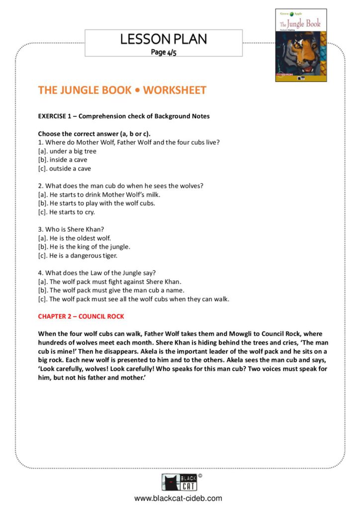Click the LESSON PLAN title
163,39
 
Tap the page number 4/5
163,52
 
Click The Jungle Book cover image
301,45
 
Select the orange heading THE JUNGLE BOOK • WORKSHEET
122,90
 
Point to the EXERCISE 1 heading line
124,116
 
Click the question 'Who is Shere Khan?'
70,230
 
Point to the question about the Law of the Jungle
97,273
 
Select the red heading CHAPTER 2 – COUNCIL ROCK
81,316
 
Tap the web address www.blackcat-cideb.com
178,498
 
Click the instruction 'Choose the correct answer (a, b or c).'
94,134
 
